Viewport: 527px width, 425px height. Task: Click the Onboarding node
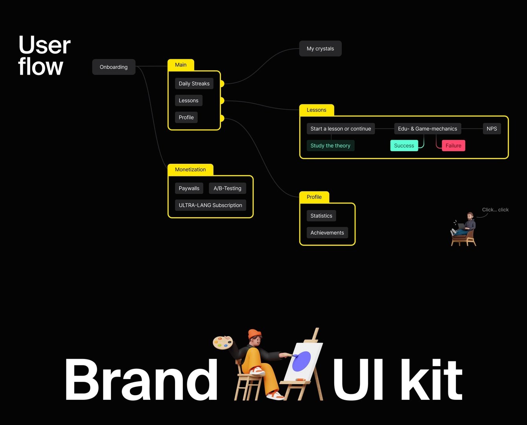pyautogui.click(x=114, y=67)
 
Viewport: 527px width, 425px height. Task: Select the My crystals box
pyautogui.click(x=320, y=49)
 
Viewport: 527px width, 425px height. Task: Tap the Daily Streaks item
pyautogui.click(x=194, y=84)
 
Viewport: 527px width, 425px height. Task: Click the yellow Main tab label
pyautogui.click(x=181, y=65)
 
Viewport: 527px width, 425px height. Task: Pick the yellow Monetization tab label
pyautogui.click(x=190, y=170)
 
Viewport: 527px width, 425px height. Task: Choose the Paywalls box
pyautogui.click(x=189, y=189)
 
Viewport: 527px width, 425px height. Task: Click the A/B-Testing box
pyautogui.click(x=227, y=189)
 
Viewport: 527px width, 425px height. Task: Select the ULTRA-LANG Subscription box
pyautogui.click(x=210, y=205)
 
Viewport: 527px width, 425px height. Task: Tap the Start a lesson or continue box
pyautogui.click(x=341, y=129)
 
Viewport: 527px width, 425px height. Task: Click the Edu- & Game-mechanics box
pyautogui.click(x=427, y=129)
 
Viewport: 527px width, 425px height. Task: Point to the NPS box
pyautogui.click(x=492, y=129)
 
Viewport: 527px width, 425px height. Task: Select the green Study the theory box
pyautogui.click(x=330, y=146)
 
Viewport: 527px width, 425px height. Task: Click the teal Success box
pyautogui.click(x=404, y=146)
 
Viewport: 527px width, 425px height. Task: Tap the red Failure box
pyautogui.click(x=453, y=146)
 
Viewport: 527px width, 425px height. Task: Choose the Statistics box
pyautogui.click(x=321, y=216)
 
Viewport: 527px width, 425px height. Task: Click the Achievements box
pyautogui.click(x=327, y=233)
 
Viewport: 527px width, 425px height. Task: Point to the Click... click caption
pyautogui.click(x=495, y=210)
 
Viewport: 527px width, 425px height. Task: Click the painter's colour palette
pyautogui.click(x=223, y=343)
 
